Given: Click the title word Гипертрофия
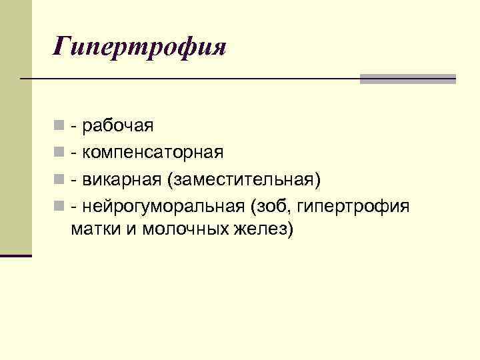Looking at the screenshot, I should (141, 47).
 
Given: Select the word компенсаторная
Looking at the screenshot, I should (153, 153).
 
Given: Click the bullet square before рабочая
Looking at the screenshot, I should (60, 125).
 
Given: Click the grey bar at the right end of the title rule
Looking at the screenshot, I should (408, 79).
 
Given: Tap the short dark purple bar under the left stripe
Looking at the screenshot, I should (16, 255).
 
